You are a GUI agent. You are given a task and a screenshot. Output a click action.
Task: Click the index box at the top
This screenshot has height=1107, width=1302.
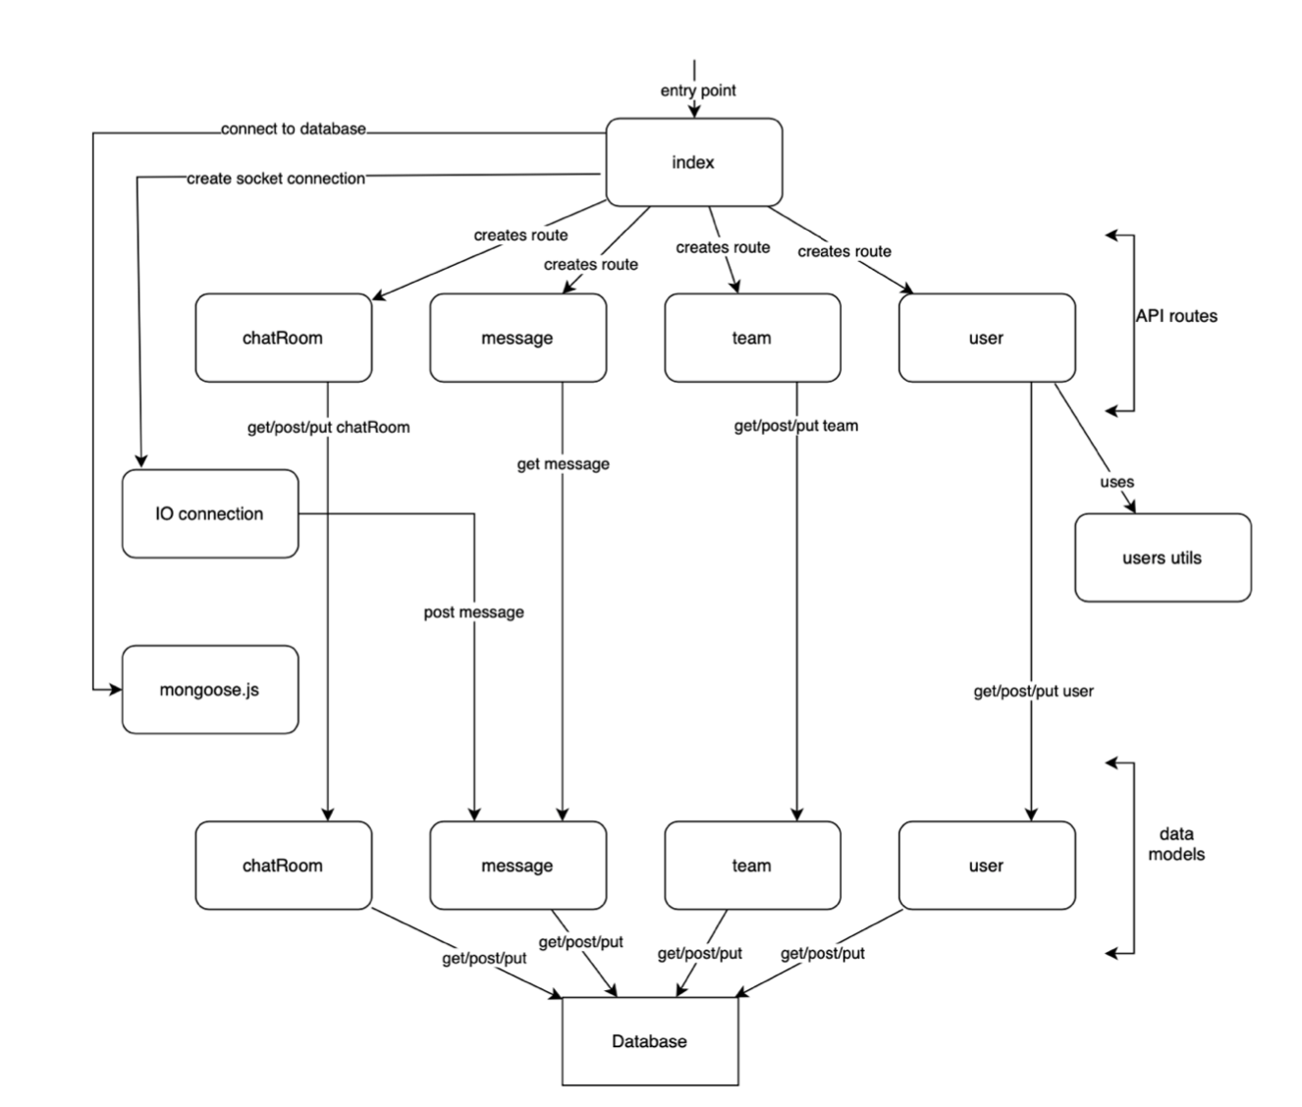(x=693, y=163)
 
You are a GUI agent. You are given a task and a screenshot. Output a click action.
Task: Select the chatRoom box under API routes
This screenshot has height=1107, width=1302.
(x=283, y=338)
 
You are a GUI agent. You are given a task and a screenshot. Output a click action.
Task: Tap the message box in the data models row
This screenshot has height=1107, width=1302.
(x=517, y=866)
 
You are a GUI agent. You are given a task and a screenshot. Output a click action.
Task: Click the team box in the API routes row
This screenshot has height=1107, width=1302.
(x=752, y=338)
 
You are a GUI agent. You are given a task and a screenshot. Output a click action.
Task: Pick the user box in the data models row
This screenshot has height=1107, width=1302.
(x=986, y=866)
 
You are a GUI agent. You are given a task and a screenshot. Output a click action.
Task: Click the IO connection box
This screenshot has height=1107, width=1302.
(x=209, y=513)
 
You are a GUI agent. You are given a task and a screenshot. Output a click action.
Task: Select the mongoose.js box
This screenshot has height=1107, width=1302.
(x=209, y=690)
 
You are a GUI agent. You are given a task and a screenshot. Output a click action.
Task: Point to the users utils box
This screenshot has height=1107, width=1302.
(x=1162, y=557)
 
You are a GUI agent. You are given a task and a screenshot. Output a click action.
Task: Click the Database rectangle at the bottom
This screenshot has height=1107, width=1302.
(x=649, y=1041)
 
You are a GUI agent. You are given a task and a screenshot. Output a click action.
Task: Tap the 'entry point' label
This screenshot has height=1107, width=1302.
(x=698, y=90)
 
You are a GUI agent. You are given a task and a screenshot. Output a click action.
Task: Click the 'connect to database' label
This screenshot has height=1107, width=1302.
(x=293, y=129)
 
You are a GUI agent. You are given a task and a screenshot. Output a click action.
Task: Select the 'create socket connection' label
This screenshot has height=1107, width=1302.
(x=276, y=179)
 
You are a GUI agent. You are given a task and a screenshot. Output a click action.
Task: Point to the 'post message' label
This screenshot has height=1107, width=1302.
(x=473, y=612)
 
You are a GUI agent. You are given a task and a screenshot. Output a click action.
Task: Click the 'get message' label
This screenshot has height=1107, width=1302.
(x=563, y=464)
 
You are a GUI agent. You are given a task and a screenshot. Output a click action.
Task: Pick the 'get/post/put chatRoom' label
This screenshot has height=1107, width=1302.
(x=328, y=428)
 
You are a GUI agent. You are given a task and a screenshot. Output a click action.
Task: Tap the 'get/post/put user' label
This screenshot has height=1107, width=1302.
(x=1033, y=691)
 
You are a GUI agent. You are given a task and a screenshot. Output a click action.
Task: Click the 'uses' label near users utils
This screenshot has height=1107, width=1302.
(x=1116, y=482)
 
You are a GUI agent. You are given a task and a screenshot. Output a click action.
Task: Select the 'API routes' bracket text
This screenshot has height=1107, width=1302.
(x=1176, y=316)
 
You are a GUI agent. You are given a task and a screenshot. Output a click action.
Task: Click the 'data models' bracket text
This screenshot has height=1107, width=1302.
(x=1176, y=844)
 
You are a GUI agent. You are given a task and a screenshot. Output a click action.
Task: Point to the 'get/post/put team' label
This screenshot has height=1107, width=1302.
(x=795, y=426)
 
